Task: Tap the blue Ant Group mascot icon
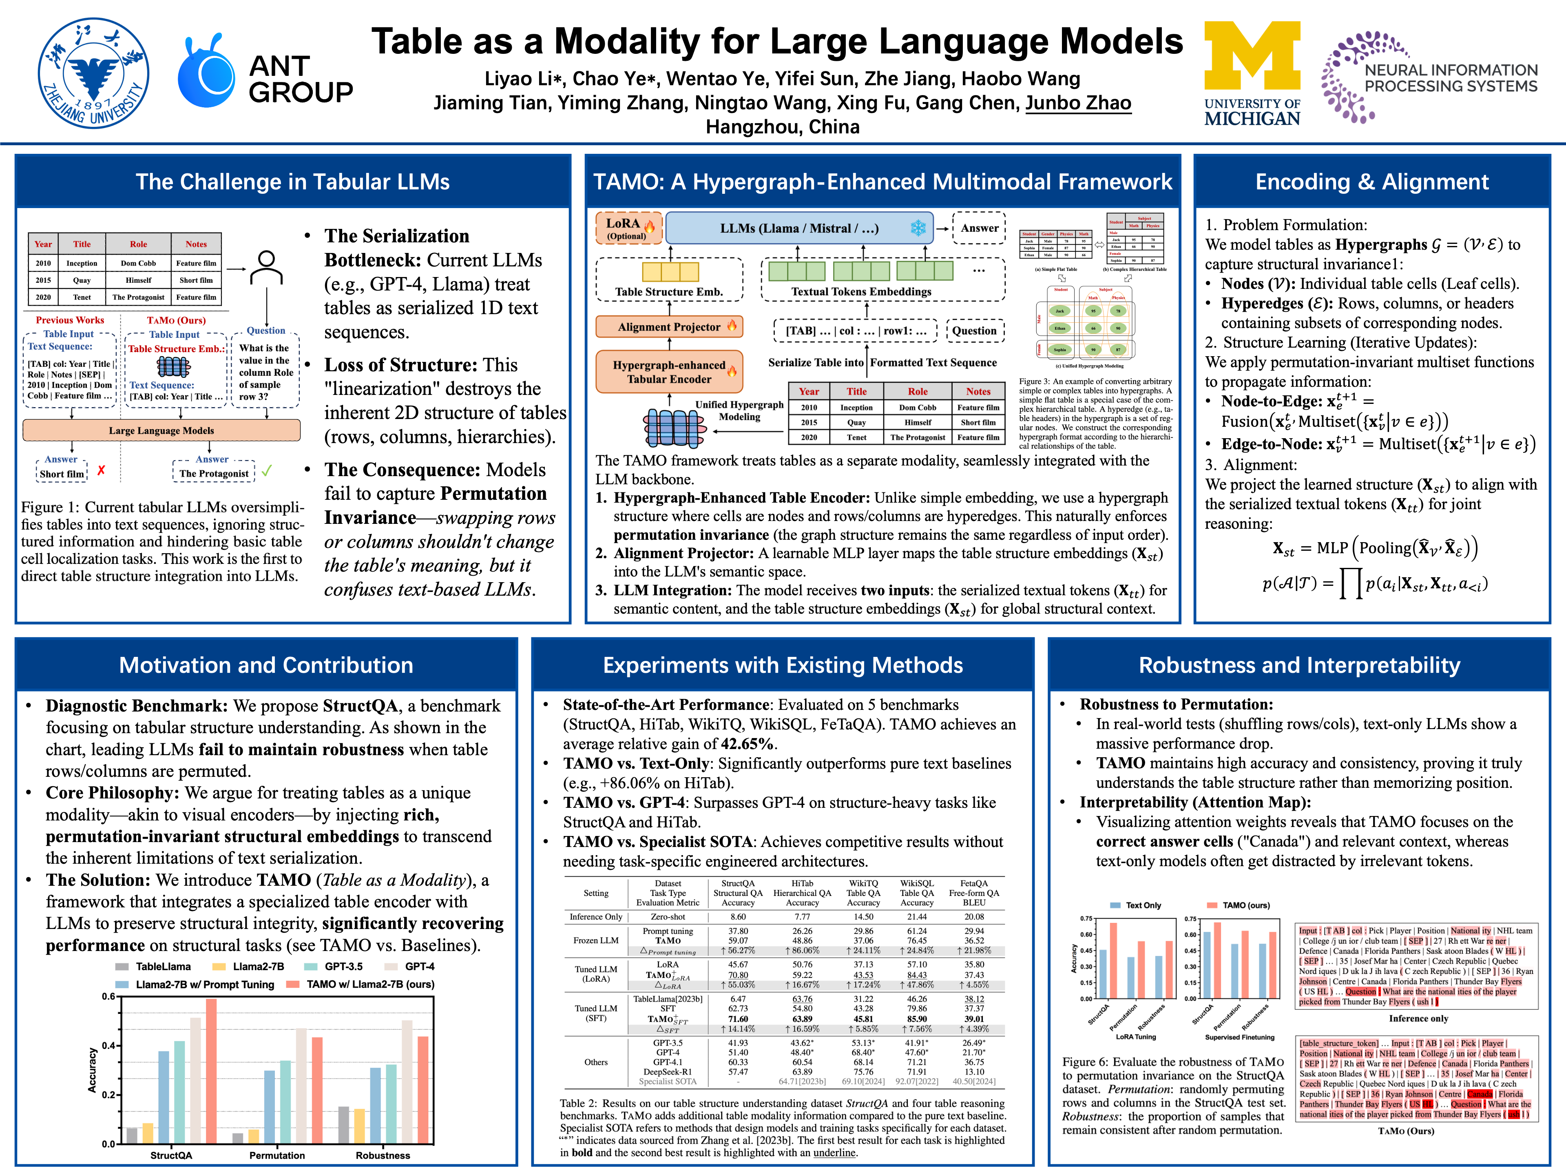[205, 74]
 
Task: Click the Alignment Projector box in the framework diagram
[669, 326]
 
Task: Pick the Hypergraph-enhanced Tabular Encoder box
[669, 372]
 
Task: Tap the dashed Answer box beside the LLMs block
[979, 228]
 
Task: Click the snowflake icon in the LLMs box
[918, 228]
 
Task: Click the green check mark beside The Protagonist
[267, 470]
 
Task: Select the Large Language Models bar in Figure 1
[161, 430]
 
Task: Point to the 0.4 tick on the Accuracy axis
[108, 1045]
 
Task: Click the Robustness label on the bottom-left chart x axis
[383, 1155]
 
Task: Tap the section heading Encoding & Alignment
[1371, 182]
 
